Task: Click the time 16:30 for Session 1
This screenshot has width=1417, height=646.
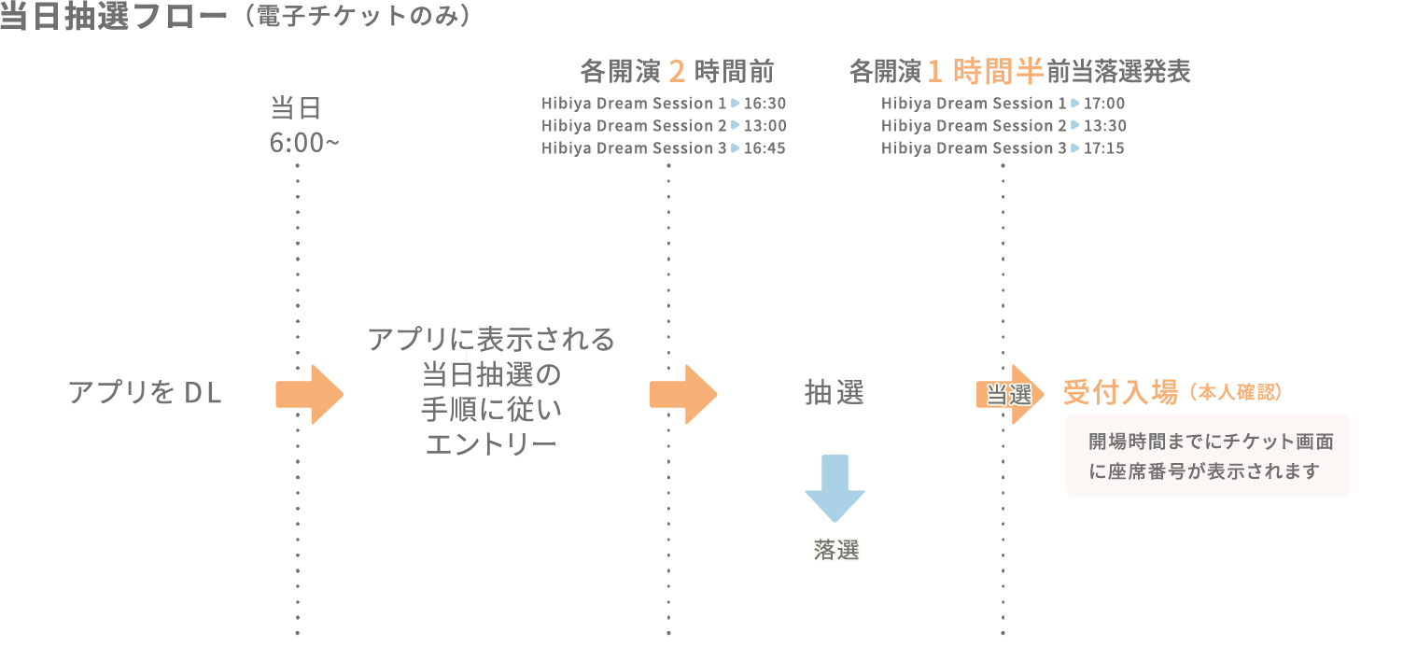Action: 765,104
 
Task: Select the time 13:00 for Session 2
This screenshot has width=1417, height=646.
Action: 765,126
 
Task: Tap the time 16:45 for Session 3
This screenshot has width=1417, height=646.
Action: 765,148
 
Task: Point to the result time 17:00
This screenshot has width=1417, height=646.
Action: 1104,104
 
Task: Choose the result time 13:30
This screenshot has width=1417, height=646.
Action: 1104,126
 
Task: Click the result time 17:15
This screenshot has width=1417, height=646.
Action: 1104,148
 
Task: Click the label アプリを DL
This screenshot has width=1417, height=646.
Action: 145,393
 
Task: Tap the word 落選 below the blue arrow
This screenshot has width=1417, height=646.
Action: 835,551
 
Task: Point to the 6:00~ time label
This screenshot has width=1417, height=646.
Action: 304,145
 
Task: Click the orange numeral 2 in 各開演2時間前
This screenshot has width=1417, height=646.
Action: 678,71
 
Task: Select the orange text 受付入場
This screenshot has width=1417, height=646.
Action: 1120,393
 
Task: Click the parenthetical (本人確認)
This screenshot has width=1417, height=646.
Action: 1236,394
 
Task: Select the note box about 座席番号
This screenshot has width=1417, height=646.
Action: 1207,456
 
